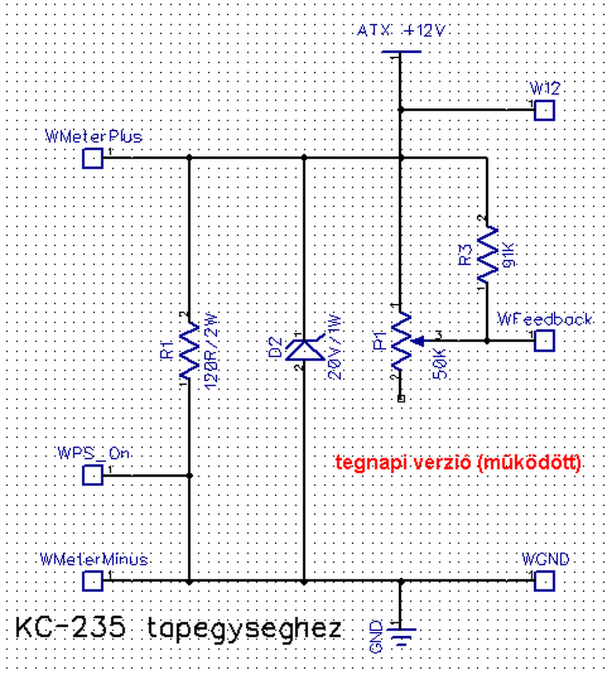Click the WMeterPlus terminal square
click(93, 158)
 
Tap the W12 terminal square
click(544, 110)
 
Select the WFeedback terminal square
click(544, 341)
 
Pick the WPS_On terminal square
click(93, 475)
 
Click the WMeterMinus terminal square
click(93, 581)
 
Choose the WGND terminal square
click(544, 581)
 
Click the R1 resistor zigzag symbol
click(189, 349)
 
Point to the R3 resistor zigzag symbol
click(487, 254)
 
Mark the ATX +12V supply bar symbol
click(400, 52)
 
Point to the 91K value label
click(508, 254)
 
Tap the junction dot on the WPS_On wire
click(189, 475)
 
